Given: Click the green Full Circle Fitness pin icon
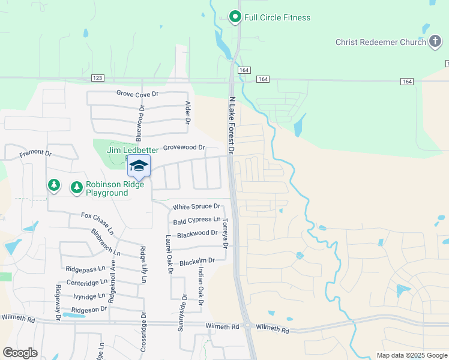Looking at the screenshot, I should coord(235,17).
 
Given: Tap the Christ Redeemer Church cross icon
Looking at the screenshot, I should coord(435,42).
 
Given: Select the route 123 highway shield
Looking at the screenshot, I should coord(98,79).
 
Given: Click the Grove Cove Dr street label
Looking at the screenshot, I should coord(137,94).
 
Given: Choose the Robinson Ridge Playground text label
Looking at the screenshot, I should coord(107,189).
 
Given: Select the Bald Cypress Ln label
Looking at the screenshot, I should coord(197,221).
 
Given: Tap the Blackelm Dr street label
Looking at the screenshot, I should coord(197,262).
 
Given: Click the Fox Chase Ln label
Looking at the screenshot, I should coord(97,223).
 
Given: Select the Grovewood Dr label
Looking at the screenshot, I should coord(184,147).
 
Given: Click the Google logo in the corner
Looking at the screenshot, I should coord(20,353).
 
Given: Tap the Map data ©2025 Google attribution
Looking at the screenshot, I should coord(412,355).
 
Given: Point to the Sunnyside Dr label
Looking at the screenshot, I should coord(180,314).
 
